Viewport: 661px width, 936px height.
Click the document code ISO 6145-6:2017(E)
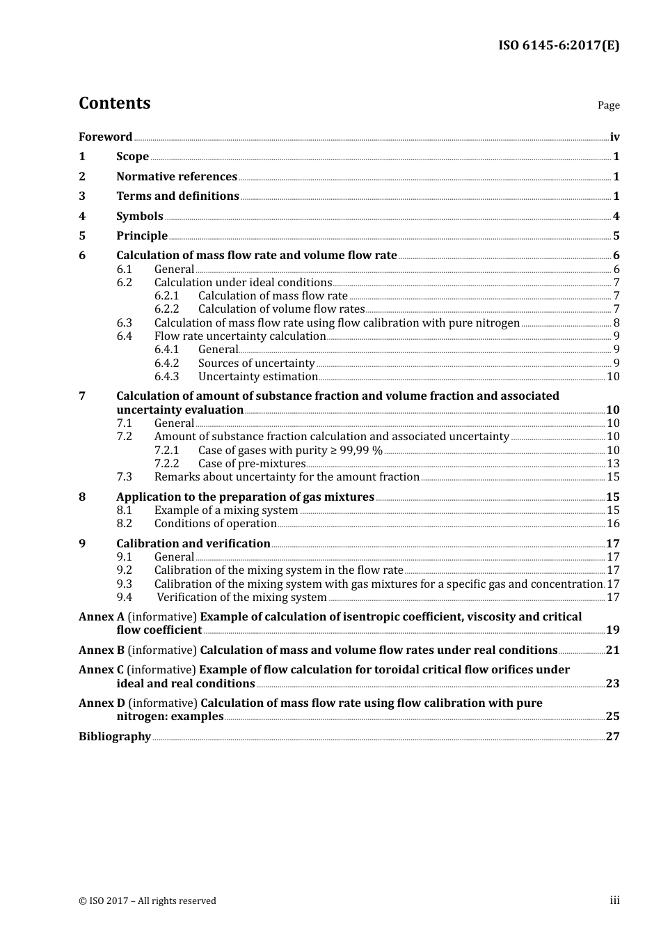pos(558,46)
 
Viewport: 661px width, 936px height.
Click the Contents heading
pos(114,103)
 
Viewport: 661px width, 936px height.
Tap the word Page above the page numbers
pos(608,105)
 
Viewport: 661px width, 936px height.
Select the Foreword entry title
pos(105,137)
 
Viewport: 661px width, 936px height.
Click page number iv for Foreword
pos(614,137)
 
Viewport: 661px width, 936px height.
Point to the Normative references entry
pos(177,177)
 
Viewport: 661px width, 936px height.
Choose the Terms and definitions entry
pos(177,196)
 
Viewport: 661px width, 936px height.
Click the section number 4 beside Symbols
pos(82,217)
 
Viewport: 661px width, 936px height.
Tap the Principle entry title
pos(142,236)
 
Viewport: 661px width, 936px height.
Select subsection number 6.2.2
pos(166,309)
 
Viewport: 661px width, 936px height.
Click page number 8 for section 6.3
pos(616,323)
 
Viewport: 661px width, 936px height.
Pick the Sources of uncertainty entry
pos(256,364)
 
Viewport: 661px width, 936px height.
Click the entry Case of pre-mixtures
pos(252,464)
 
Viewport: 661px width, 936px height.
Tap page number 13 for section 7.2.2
pos(613,464)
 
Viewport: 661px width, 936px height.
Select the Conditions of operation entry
pos(216,524)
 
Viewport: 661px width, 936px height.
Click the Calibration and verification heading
pos(193,544)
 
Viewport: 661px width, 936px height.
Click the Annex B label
pos(102,650)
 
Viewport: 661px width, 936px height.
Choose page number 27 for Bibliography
pos(612,737)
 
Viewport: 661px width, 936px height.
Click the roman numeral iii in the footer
pos(614,900)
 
